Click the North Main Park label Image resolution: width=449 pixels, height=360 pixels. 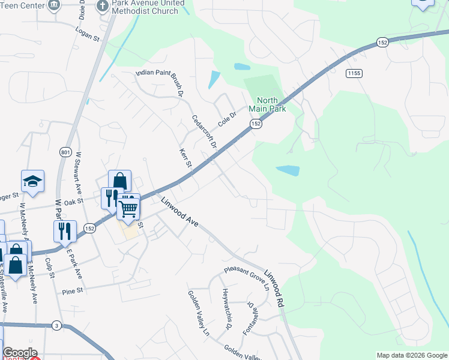[x=271, y=104]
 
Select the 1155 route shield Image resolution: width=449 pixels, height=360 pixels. [x=353, y=73]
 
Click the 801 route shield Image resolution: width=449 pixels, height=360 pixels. [x=65, y=152]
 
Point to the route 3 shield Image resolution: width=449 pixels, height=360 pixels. [x=56, y=324]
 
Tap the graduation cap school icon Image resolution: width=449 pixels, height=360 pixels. [x=32, y=181]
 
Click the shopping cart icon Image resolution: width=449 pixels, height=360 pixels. [x=128, y=208]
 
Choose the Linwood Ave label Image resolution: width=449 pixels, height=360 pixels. [x=179, y=212]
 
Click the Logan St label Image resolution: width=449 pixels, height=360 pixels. [x=87, y=32]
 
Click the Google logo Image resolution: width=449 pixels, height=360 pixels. [x=20, y=353]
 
